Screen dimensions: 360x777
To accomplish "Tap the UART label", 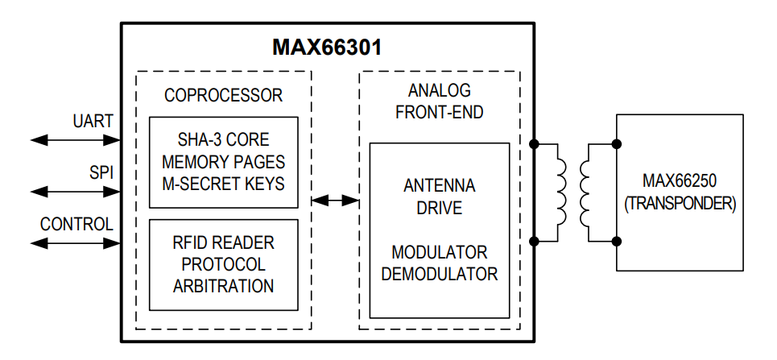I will click(93, 121).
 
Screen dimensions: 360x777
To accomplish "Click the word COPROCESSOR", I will click(223, 95).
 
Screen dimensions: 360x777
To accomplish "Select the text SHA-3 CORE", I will click(223, 140).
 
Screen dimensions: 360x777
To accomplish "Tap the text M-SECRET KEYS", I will click(223, 184).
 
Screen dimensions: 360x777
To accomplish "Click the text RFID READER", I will click(223, 242).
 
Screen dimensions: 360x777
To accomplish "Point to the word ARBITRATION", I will click(223, 285).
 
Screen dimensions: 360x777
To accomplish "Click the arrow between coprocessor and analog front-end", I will click(336, 200).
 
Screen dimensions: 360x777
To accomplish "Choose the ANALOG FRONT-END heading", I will click(439, 101).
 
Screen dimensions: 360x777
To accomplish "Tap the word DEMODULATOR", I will click(439, 274).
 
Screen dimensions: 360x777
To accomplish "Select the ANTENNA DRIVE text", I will click(439, 197).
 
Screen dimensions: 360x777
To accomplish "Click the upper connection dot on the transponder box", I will click(617, 144).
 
